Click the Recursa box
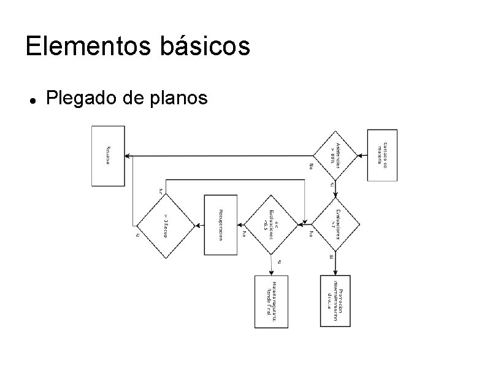[108, 156]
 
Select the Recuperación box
[220, 225]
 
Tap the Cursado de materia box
[382, 155]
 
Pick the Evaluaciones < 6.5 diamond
[271, 225]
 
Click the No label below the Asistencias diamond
[312, 166]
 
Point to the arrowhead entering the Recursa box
[128, 156]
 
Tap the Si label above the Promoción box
[331, 257]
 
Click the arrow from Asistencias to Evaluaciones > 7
[336, 189]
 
